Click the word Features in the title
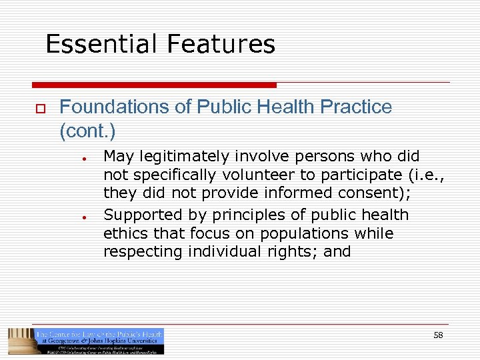[221, 44]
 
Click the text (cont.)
[87, 131]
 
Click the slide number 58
[438, 335]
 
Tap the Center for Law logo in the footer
[86, 341]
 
